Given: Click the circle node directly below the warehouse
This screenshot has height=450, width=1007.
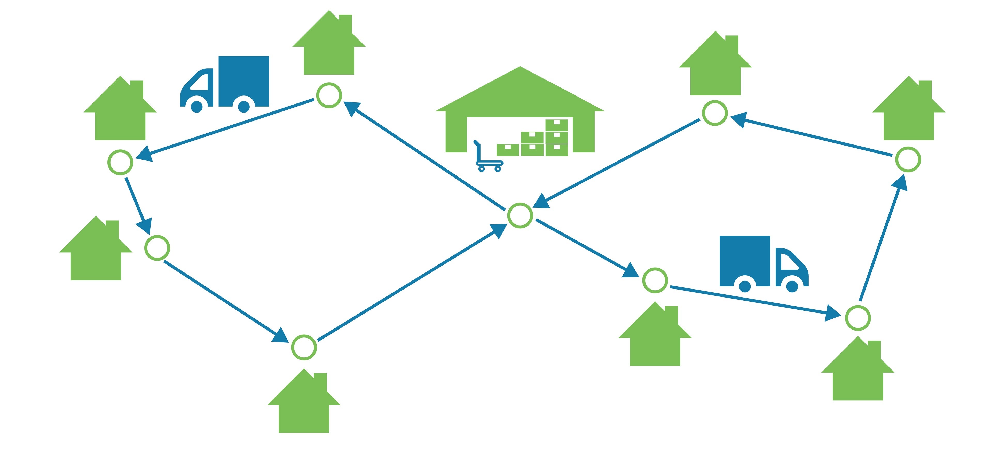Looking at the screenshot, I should [520, 215].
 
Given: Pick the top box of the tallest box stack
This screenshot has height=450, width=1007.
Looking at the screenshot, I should [556, 125].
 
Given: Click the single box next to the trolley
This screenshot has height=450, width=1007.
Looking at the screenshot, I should [507, 150].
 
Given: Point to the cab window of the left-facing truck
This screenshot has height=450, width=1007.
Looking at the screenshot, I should [200, 82].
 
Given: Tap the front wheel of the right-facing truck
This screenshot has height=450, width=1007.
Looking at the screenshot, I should [792, 286].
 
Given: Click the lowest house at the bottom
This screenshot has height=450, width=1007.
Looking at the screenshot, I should [304, 406].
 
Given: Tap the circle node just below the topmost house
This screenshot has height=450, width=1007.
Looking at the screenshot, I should [329, 95].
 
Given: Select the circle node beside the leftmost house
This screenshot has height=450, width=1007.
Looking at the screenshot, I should [157, 248].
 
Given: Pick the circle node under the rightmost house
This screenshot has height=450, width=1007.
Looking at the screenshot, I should [908, 159].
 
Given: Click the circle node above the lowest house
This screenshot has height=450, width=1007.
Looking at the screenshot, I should [304, 347].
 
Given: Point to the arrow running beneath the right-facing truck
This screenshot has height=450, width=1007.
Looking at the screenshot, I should [754, 301].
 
